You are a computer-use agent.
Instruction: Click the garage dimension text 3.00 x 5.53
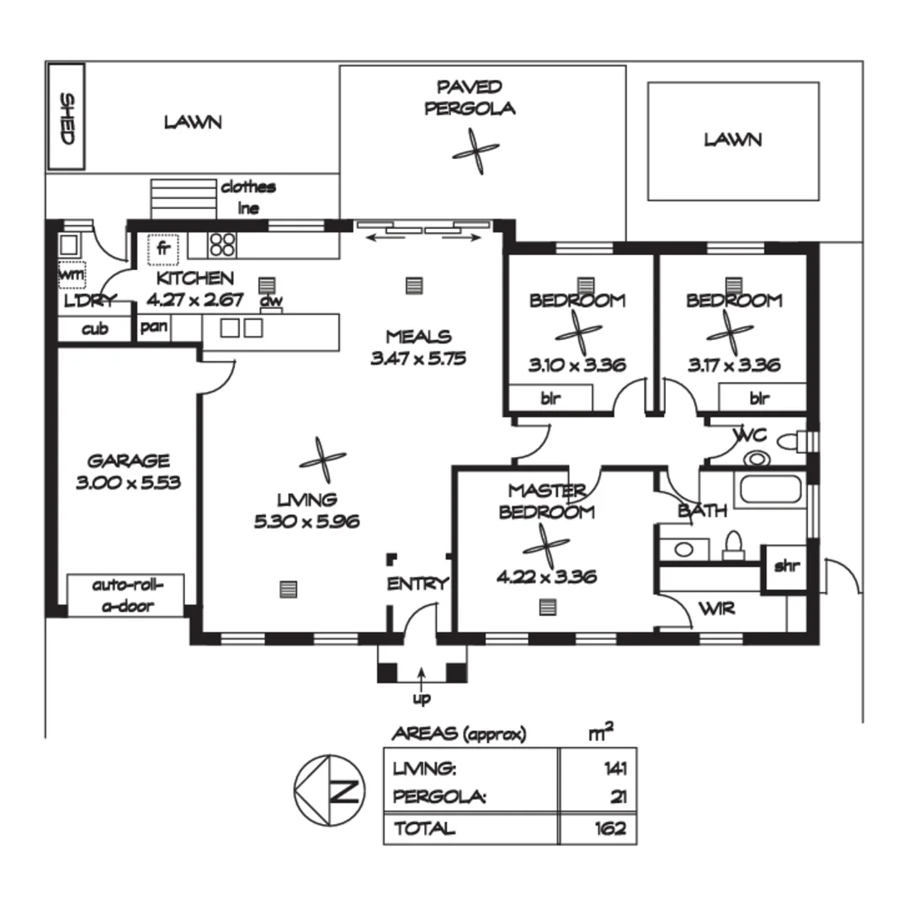pos(129,482)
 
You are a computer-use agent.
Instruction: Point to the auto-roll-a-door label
pos(125,595)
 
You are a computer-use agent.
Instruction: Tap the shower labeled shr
pos(785,566)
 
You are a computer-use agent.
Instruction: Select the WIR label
pos(717,607)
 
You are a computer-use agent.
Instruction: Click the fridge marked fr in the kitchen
pos(163,249)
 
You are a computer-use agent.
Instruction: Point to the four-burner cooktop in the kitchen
pos(222,244)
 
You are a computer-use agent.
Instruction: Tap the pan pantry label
pos(153,327)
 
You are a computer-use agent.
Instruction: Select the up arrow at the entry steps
pos(420,675)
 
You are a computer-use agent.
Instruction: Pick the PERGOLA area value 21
pos(618,797)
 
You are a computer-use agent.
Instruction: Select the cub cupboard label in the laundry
pos(94,329)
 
